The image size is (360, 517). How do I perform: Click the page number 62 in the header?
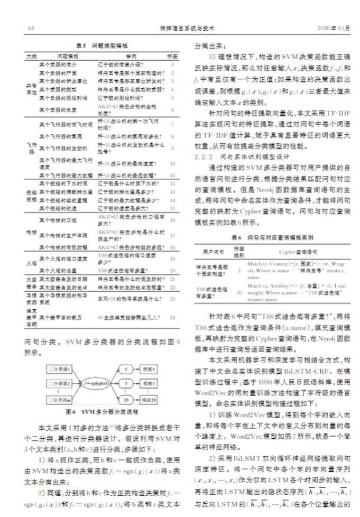pos(31,27)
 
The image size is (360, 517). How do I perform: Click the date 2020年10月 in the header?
pos(333,27)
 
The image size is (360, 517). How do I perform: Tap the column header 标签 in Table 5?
pos(172,56)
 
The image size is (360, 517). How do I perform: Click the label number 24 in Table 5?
pos(172,317)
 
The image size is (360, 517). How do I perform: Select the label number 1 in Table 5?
pos(172,64)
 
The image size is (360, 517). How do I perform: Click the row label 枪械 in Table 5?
pos(30,232)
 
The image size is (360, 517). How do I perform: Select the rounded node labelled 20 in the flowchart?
pos(124,400)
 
